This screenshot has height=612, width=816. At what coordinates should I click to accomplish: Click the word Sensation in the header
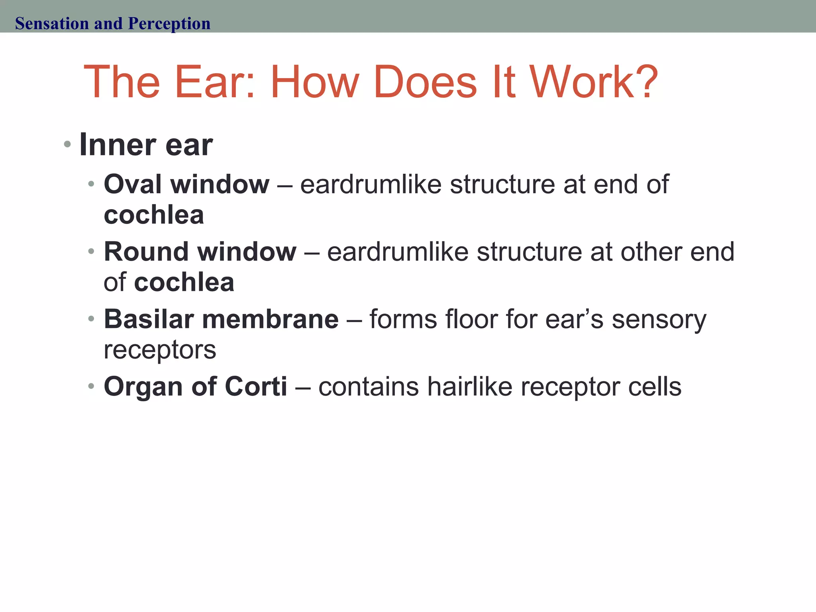(52, 24)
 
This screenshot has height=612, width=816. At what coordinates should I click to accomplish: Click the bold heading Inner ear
(146, 145)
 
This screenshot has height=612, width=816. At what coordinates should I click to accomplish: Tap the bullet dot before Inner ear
(67, 144)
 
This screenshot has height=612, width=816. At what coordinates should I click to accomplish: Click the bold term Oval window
(186, 184)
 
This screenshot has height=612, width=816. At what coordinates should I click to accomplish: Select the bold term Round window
(200, 252)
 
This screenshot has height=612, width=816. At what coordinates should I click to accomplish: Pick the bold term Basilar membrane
(221, 319)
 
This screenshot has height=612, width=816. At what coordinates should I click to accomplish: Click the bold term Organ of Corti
(195, 386)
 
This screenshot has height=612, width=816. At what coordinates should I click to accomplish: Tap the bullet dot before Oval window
(91, 184)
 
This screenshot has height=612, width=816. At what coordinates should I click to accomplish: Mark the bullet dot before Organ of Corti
(91, 386)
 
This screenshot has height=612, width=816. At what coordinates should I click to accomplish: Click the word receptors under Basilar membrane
(160, 350)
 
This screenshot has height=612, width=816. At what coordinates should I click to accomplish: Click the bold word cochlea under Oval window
(154, 215)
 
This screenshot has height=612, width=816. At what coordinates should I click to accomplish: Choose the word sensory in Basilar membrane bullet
(659, 320)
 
